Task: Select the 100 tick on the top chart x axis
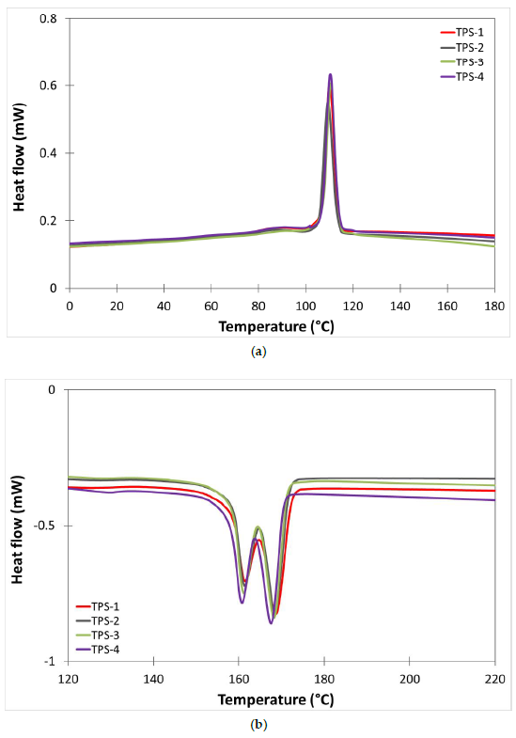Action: tap(305, 306)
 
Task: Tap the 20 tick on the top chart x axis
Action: tap(117, 306)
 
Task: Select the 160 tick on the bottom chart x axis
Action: tap(238, 679)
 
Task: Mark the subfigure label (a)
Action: tap(258, 351)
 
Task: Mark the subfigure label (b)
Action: tap(258, 725)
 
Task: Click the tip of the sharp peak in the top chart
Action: tap(330, 74)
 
